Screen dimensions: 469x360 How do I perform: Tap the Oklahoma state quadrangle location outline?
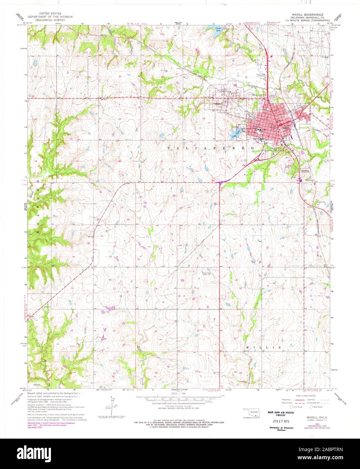252,412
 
